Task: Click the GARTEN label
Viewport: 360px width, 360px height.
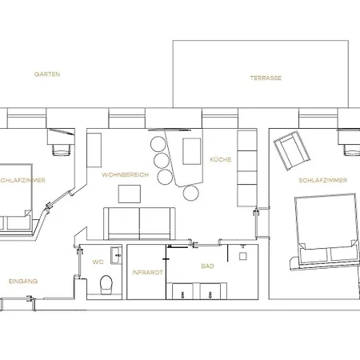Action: click(x=47, y=74)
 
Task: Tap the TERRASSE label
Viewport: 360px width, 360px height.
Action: click(x=266, y=78)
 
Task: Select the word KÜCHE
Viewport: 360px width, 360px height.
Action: click(x=221, y=159)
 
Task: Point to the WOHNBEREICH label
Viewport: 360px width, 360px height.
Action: click(x=125, y=175)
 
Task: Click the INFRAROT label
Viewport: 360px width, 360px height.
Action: click(x=147, y=273)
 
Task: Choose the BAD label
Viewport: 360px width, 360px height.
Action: click(x=207, y=266)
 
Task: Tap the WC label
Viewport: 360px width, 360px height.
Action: click(x=98, y=262)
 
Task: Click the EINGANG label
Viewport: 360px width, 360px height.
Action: click(x=23, y=282)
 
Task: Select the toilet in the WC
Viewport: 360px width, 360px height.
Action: click(x=106, y=285)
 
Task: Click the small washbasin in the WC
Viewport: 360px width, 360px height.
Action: click(x=116, y=255)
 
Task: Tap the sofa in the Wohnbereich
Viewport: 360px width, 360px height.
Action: click(x=139, y=223)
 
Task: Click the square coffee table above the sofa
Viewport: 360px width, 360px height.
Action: click(x=130, y=194)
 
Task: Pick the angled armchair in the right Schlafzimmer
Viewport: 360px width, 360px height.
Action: click(x=292, y=150)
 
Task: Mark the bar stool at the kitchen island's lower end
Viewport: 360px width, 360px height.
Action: click(x=191, y=193)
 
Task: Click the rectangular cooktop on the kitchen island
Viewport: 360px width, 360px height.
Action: click(x=192, y=151)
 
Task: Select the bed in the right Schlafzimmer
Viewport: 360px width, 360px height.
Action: click(x=325, y=231)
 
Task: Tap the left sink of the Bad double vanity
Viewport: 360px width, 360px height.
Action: click(x=182, y=291)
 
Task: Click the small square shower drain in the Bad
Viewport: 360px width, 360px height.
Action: click(x=242, y=256)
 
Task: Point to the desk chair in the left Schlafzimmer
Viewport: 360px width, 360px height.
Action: click(x=62, y=150)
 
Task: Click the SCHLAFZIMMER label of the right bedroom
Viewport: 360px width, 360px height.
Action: click(x=323, y=180)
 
